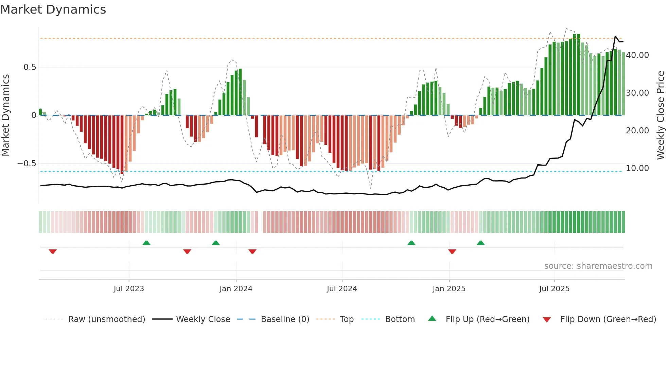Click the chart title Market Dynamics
point(53,10)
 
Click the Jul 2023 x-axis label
point(129,289)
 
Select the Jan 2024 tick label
point(236,289)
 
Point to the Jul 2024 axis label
point(342,289)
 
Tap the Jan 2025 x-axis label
point(449,289)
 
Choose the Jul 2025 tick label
point(554,289)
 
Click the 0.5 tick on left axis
point(30,67)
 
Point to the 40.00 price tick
point(637,55)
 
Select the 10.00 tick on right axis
point(637,168)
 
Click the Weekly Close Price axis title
point(660,115)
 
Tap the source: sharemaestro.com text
point(598,266)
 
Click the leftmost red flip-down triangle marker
point(53,251)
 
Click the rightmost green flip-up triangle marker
point(480,243)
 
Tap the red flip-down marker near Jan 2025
point(452,251)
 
